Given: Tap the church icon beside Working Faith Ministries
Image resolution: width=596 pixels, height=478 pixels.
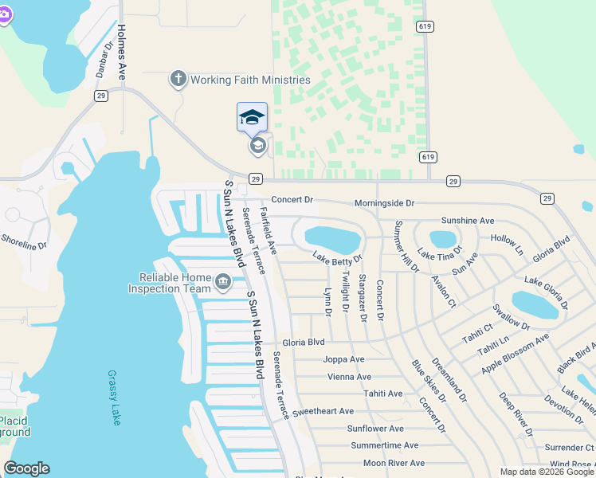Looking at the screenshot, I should click(x=178, y=80).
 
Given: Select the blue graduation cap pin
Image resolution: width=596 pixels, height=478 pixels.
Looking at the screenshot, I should click(x=253, y=118).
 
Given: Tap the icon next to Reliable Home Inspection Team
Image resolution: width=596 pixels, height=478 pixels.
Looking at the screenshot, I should click(x=223, y=281).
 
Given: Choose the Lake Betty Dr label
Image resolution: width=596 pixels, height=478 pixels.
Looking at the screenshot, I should click(x=337, y=257).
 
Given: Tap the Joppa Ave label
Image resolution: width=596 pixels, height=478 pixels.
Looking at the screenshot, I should click(x=343, y=359).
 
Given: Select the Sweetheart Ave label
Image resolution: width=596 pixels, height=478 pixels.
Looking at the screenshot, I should click(x=323, y=411).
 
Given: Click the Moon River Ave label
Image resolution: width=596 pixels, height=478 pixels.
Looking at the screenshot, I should click(x=394, y=463).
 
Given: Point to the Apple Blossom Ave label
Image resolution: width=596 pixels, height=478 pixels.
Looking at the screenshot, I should click(x=516, y=355).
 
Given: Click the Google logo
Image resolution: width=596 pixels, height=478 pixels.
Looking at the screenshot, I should click(x=26, y=468).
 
